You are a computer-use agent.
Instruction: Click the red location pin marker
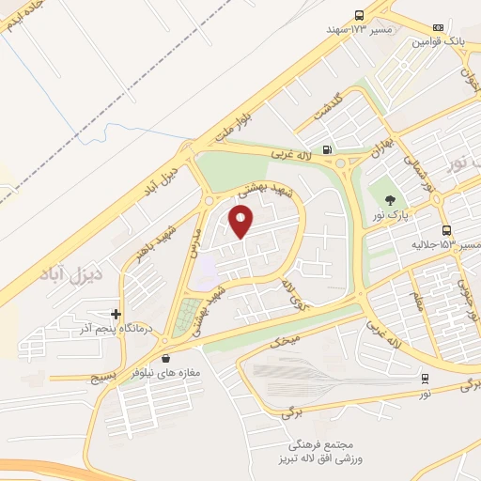tap(241, 221)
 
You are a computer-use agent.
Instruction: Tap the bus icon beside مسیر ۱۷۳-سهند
tap(359, 15)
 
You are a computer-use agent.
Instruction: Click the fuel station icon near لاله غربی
tap(326, 148)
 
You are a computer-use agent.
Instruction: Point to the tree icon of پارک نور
tap(387, 198)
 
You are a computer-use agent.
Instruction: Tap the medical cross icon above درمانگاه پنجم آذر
tap(116, 314)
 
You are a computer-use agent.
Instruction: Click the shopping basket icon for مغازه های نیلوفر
tap(166, 358)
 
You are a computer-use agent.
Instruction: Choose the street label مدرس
tap(196, 240)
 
